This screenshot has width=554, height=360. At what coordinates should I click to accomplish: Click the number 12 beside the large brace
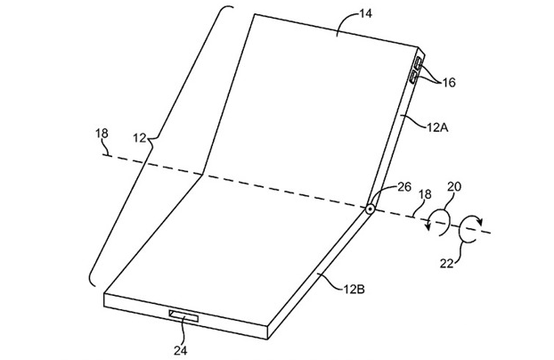(141, 138)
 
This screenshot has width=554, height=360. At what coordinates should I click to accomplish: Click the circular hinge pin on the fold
(369, 210)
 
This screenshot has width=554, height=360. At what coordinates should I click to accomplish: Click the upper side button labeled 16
(419, 63)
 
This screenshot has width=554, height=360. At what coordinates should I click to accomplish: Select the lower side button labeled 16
(414, 78)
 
